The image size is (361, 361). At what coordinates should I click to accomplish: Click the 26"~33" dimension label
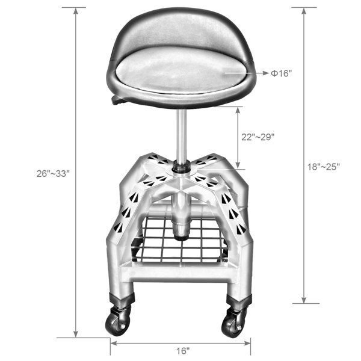coord(53,174)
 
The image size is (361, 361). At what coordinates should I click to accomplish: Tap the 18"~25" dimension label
coord(324,167)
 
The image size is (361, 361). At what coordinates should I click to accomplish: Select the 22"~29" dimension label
coord(258,137)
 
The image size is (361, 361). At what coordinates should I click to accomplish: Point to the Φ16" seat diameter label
coord(281,73)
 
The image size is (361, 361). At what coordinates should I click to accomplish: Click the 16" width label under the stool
coord(183,351)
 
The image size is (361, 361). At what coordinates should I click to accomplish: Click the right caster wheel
coord(232,324)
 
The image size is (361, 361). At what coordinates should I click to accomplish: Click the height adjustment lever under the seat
coord(118,100)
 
